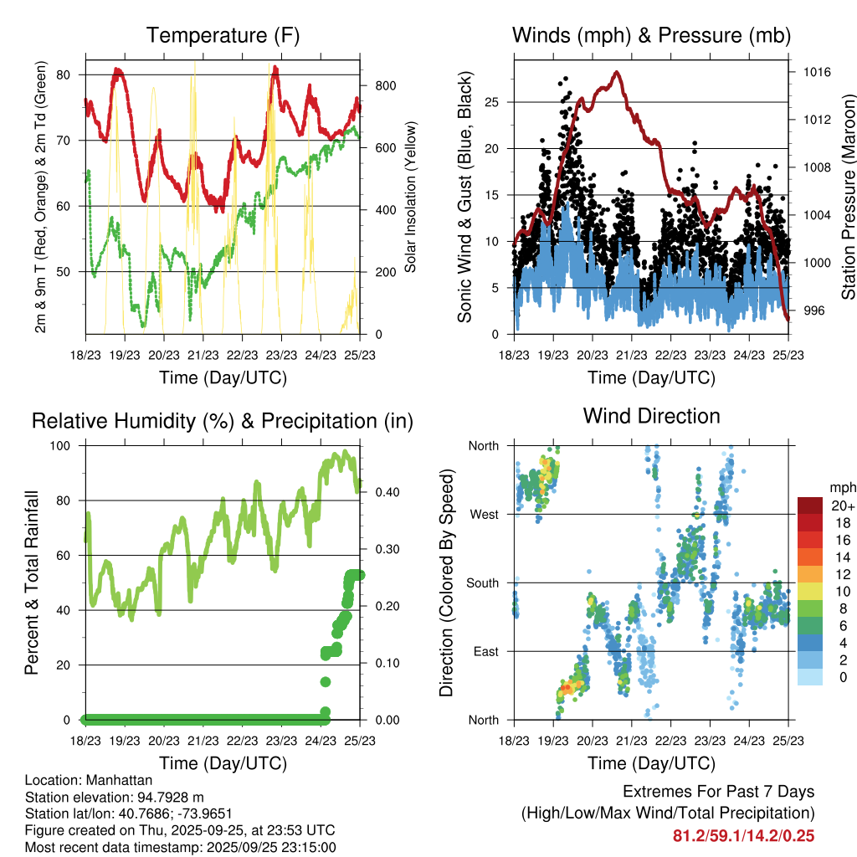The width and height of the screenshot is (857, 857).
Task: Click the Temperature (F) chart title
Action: (222, 35)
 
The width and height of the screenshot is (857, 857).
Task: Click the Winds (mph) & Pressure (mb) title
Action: (651, 35)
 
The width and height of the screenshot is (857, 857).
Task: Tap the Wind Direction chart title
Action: (651, 416)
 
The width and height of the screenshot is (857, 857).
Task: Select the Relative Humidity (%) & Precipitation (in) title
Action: (222, 420)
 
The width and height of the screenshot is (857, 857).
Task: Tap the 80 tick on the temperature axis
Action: (69, 74)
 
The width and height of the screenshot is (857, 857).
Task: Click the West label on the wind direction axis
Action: (485, 514)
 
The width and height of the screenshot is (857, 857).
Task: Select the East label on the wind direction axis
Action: (486, 651)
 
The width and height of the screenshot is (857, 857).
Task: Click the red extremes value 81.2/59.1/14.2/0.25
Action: (743, 835)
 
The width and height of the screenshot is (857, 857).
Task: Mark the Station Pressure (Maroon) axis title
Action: (848, 198)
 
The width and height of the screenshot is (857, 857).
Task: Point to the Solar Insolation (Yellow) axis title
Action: (411, 198)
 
